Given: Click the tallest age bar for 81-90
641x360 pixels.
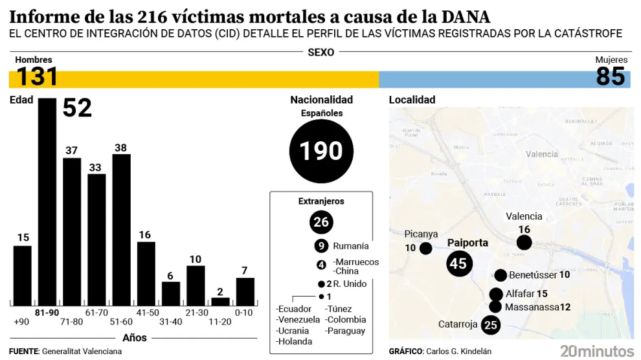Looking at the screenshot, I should pos(47,202).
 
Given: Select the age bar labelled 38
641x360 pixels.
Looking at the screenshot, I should pos(121,230).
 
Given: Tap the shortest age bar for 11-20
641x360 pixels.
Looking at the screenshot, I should pos(220,302).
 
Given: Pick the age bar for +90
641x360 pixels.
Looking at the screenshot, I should pos(23,276).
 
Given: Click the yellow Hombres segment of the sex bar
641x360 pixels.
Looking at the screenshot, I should pos(194,80).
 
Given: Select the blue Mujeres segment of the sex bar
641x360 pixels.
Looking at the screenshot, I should pos(486,80).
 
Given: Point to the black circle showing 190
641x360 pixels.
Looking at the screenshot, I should pos(321,152).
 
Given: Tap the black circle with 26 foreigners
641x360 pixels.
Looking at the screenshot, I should pos(321,222).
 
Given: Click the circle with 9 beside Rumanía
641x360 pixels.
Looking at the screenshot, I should pos(321,246).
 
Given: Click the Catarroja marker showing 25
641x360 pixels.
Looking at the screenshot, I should pos(491,324).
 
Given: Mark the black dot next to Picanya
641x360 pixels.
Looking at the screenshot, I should pos(425,248).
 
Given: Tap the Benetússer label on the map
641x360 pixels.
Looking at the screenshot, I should pos(533,275).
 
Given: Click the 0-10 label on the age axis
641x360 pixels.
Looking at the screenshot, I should pos(244,312).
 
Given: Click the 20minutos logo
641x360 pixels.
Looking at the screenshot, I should pos(596,351).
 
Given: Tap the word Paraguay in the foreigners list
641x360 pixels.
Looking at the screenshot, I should pos(345,331).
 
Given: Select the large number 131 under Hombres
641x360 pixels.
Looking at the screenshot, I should pos(38,77).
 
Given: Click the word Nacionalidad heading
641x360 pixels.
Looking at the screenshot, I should pos(321,100).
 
